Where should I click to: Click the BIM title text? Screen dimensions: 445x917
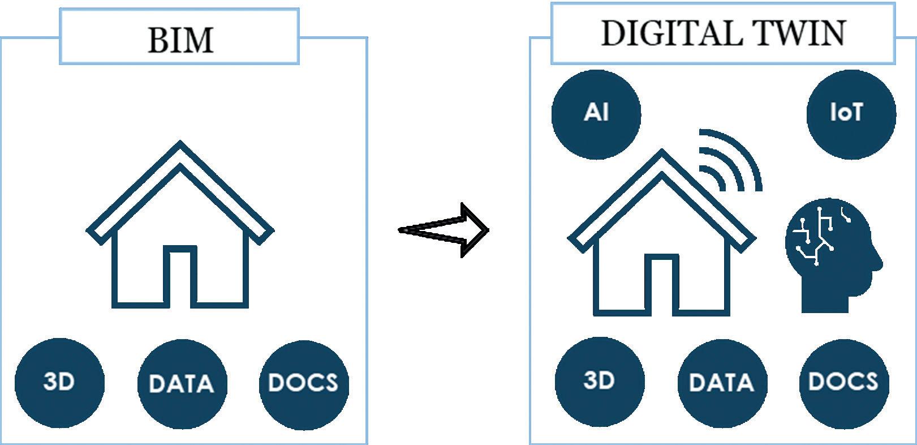[180, 40]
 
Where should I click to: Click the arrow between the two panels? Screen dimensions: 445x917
[444, 230]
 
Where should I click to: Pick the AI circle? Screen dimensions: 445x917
[596, 113]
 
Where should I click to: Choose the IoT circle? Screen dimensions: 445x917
[851, 113]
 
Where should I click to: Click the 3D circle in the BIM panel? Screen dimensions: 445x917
[59, 382]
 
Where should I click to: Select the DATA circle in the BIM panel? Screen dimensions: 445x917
[182, 384]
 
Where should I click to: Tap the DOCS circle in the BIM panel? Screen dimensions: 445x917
[304, 384]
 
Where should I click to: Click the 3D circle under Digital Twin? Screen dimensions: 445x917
[600, 380]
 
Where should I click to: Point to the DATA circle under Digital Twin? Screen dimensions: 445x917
[722, 383]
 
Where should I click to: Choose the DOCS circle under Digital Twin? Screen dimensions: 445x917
[843, 382]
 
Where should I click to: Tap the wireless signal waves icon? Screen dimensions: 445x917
[730, 161]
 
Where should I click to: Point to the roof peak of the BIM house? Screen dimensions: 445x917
[180, 144]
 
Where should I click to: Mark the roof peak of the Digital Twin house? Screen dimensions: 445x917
[662, 153]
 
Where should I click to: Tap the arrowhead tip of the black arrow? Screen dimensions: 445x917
[487, 230]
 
